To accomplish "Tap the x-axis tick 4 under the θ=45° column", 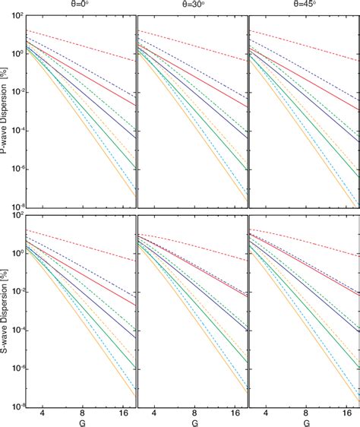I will (x=267, y=413).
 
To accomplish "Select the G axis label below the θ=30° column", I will (x=192, y=422).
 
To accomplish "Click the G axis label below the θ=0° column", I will (x=80, y=422).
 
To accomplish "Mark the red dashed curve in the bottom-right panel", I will (x=304, y=241).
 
